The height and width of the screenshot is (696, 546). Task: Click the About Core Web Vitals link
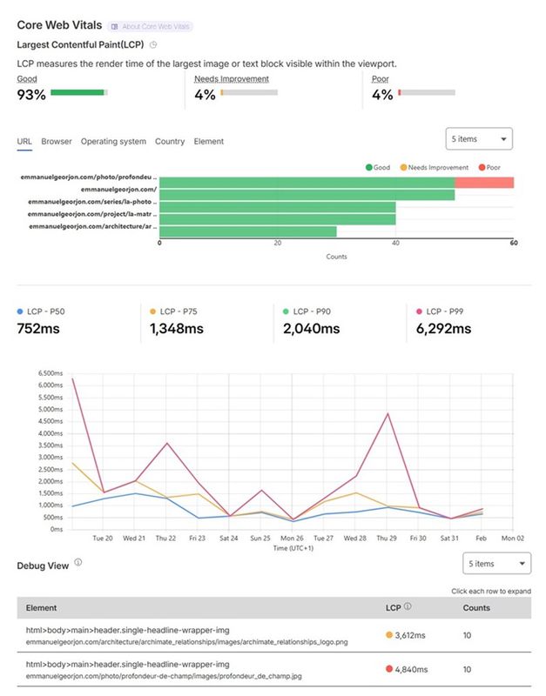152,26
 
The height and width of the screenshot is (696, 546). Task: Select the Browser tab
57,141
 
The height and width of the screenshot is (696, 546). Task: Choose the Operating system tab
113,141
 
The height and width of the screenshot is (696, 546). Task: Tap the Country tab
170,141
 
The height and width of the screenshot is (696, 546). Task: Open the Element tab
208,141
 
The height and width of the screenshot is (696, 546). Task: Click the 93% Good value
31,95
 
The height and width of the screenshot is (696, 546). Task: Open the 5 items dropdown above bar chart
478,138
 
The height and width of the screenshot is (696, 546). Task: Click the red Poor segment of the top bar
484,183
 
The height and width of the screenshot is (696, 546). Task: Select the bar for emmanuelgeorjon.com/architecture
248,231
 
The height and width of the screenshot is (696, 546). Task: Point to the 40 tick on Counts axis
395,244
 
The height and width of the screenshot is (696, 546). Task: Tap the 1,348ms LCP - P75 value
176,329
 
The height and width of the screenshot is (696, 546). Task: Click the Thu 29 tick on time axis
387,539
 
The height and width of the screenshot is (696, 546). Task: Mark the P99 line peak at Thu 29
387,413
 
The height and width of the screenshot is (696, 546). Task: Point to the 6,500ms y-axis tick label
51,373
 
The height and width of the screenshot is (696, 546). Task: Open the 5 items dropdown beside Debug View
496,564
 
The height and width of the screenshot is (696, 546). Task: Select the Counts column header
476,607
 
